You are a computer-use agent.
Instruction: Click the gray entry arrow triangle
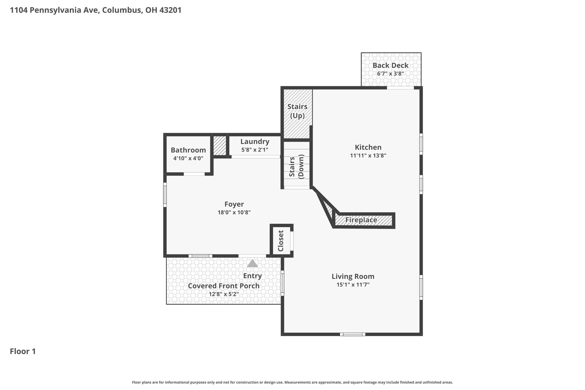(x=252, y=264)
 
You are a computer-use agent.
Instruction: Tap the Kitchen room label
(x=368, y=147)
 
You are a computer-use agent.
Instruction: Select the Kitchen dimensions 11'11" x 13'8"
(x=368, y=155)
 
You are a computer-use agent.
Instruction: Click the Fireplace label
(x=361, y=220)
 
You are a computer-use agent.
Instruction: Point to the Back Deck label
(x=390, y=65)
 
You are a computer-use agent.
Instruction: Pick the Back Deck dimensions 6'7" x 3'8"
(x=390, y=73)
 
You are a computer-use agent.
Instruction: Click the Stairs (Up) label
(x=297, y=111)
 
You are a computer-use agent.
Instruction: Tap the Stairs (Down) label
(x=296, y=167)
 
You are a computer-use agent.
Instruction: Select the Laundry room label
(x=255, y=141)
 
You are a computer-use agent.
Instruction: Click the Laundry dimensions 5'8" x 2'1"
(x=255, y=150)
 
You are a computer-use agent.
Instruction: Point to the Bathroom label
(x=188, y=150)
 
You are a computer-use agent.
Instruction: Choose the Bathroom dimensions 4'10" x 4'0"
(x=188, y=158)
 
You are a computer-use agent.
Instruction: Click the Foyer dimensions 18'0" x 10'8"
(x=234, y=212)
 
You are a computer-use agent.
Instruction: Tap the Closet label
(x=281, y=241)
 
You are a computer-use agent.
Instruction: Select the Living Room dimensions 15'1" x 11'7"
(x=353, y=285)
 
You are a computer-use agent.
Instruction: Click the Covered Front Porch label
(x=224, y=286)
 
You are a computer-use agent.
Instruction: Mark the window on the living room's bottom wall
(x=353, y=334)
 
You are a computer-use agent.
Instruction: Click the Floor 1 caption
(x=23, y=351)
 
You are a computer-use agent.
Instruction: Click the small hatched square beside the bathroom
(x=219, y=146)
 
